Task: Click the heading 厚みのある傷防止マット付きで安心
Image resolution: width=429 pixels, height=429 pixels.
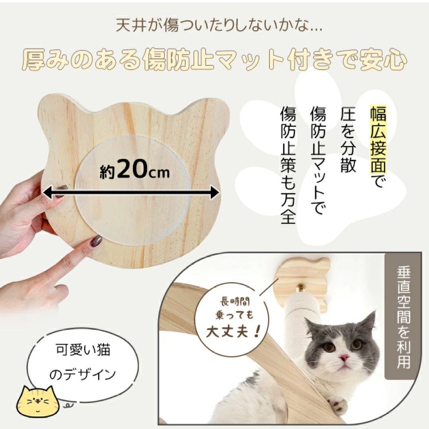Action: click(214, 60)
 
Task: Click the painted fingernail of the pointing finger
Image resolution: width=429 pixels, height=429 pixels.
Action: click(96, 241)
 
